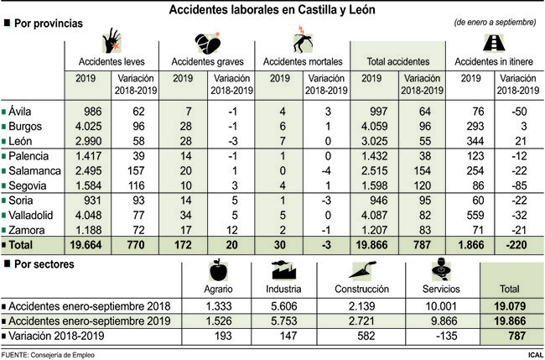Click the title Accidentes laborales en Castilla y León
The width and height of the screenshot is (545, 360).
[272, 9]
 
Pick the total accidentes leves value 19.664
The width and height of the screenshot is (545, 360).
[84, 244]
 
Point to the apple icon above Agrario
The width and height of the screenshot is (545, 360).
[217, 272]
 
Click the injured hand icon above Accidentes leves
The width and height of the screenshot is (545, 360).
[110, 42]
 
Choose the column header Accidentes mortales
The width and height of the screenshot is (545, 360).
[303, 61]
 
